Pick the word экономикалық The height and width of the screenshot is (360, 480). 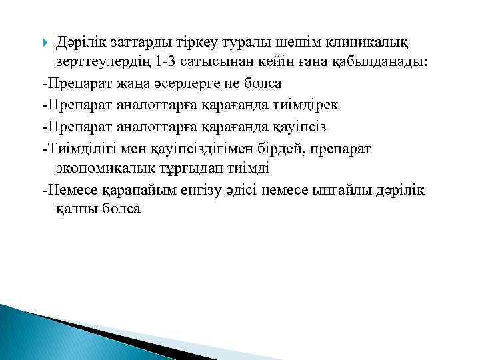click(104, 168)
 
